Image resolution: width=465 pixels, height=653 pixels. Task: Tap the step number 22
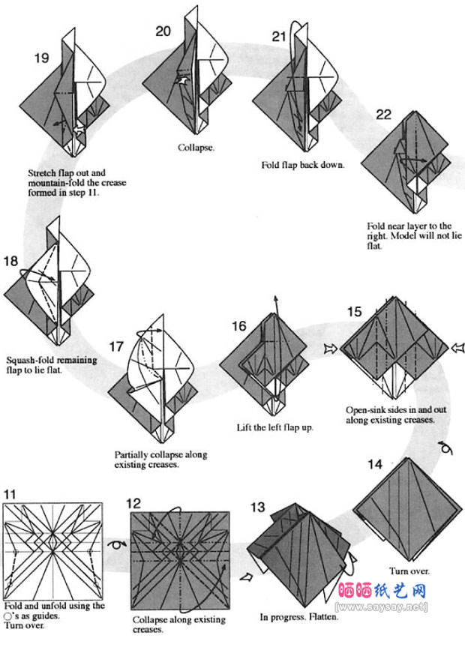383,114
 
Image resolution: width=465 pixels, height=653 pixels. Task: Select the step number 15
355,312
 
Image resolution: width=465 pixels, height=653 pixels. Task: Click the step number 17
115,346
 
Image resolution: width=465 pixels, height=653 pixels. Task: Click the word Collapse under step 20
196,147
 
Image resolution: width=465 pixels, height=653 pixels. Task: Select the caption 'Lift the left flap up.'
274,428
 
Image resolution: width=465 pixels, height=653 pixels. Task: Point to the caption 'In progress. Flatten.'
299,618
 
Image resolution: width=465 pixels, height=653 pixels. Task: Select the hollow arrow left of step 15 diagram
329,348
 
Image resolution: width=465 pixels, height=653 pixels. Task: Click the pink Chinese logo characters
383,591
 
